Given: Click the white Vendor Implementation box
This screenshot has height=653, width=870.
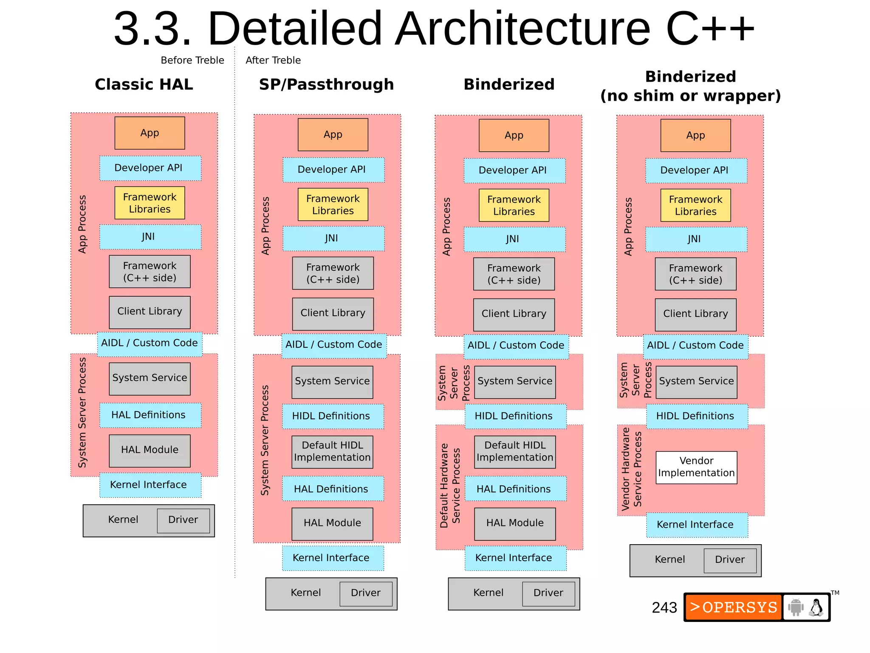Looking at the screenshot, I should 696,467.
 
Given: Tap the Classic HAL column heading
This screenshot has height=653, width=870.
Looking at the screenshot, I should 144,84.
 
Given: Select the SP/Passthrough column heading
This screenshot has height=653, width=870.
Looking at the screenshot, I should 326,84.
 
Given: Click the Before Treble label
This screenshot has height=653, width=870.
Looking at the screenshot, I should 192,60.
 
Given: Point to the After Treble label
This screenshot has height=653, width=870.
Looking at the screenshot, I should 273,60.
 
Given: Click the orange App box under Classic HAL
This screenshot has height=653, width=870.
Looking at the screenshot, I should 150,133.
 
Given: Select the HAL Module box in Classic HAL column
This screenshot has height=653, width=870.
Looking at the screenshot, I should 150,450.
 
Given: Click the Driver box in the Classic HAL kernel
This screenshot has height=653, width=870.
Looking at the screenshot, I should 183,520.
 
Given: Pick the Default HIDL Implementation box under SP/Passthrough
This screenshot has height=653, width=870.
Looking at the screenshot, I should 332,451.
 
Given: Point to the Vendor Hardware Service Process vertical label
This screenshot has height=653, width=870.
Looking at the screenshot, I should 631,469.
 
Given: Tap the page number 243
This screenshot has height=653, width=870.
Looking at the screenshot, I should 664,608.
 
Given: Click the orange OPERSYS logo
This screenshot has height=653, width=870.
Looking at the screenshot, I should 733,607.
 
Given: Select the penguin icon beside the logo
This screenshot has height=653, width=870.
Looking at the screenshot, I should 816,608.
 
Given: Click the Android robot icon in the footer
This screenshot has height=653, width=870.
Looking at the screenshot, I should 796,607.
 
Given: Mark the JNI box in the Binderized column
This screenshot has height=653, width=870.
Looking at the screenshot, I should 514,239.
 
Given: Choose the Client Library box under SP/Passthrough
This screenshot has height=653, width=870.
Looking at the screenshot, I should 333,313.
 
